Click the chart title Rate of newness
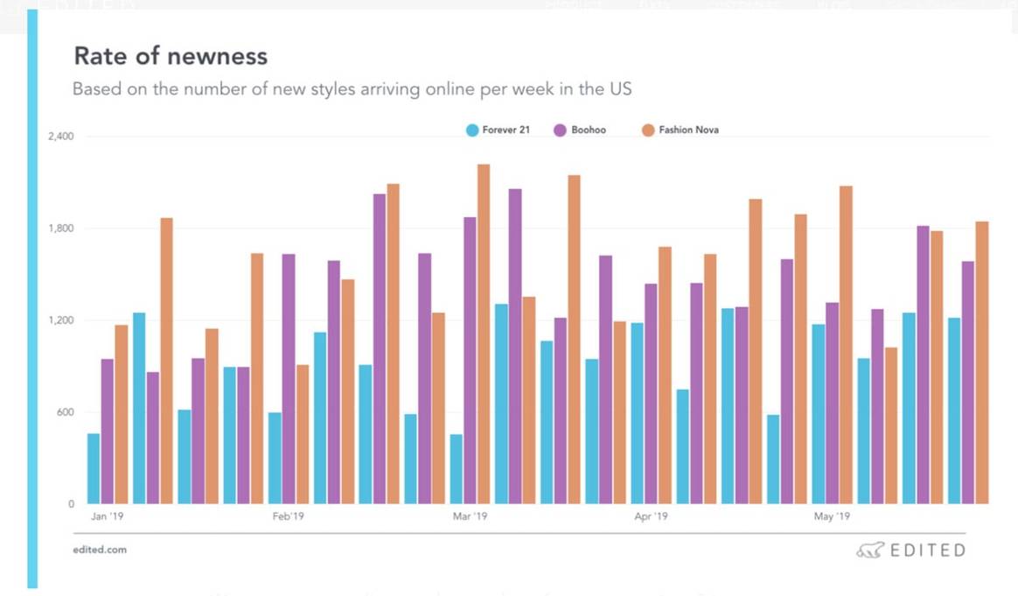pyautogui.click(x=171, y=57)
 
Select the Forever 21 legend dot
pyautogui.click(x=472, y=130)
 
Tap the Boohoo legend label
pyautogui.click(x=589, y=130)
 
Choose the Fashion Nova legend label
pyautogui.click(x=688, y=130)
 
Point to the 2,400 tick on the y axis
pyautogui.click(x=59, y=137)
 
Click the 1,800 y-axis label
pyautogui.click(x=59, y=228)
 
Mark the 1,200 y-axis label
pyautogui.click(x=59, y=320)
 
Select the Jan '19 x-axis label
pyautogui.click(x=105, y=517)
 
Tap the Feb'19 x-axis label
pyautogui.click(x=288, y=517)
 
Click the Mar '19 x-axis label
pyautogui.click(x=470, y=517)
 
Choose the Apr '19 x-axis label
pyautogui.click(x=651, y=517)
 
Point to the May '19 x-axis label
pyautogui.click(x=832, y=517)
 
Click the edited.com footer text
pyautogui.click(x=100, y=550)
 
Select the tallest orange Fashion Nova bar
pyautogui.click(x=484, y=333)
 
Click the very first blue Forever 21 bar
pyautogui.click(x=94, y=468)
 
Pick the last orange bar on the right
pyautogui.click(x=982, y=362)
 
